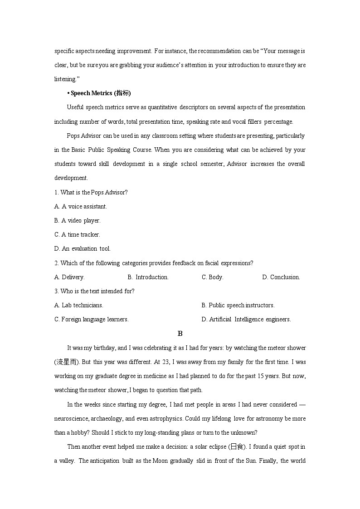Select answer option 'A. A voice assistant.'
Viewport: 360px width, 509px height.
(x=81, y=206)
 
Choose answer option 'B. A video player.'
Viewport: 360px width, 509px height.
(x=78, y=220)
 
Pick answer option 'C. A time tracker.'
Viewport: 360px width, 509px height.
(x=77, y=234)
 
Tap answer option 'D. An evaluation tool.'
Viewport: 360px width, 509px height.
(x=83, y=248)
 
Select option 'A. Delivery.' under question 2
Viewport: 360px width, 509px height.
(x=69, y=277)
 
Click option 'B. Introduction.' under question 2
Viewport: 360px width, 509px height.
(x=148, y=277)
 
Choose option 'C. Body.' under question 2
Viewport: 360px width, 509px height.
(x=212, y=277)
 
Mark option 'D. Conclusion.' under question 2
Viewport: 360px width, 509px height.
(x=281, y=277)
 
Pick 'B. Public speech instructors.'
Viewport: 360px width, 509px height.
(x=238, y=305)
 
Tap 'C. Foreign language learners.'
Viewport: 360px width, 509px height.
(x=92, y=319)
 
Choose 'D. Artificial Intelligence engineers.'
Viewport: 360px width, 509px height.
(x=246, y=319)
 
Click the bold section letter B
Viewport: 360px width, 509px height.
(x=180, y=334)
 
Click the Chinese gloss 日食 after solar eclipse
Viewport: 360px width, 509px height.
(x=238, y=447)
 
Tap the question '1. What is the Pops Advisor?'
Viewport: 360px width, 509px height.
(x=91, y=192)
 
